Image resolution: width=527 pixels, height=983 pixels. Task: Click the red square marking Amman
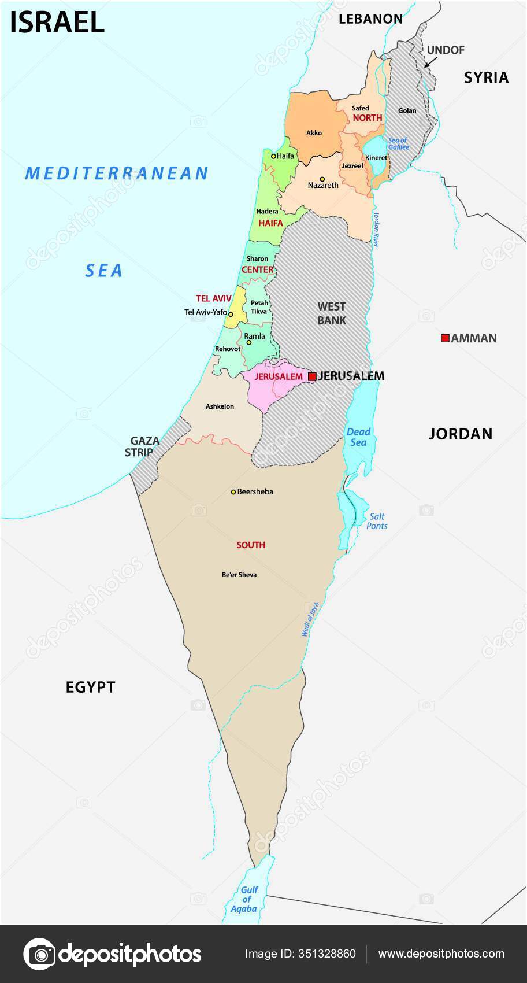point(445,338)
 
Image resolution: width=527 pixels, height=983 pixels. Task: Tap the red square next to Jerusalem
point(312,376)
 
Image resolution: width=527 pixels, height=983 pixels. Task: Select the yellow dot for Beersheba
point(233,492)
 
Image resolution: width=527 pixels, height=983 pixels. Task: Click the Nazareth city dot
point(322,179)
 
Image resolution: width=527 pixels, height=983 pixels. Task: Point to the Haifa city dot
point(273,156)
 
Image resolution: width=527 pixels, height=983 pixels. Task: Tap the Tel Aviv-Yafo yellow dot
point(231,314)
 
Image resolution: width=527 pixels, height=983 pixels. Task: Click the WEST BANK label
point(332,313)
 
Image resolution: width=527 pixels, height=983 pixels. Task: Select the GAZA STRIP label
point(142,446)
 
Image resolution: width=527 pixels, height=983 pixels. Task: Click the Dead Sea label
point(358,437)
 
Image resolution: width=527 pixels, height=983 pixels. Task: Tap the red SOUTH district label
point(251,545)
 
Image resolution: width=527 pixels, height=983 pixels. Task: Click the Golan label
point(407,110)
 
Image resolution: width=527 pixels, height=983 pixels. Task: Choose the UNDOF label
point(446,50)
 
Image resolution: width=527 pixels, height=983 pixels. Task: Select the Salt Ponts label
point(377,521)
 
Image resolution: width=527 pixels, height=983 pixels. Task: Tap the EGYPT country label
point(91,687)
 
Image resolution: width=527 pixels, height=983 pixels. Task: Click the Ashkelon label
point(220,406)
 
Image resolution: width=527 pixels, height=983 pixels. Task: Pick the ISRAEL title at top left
point(57,22)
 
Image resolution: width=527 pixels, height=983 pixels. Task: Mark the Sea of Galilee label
point(398,143)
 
